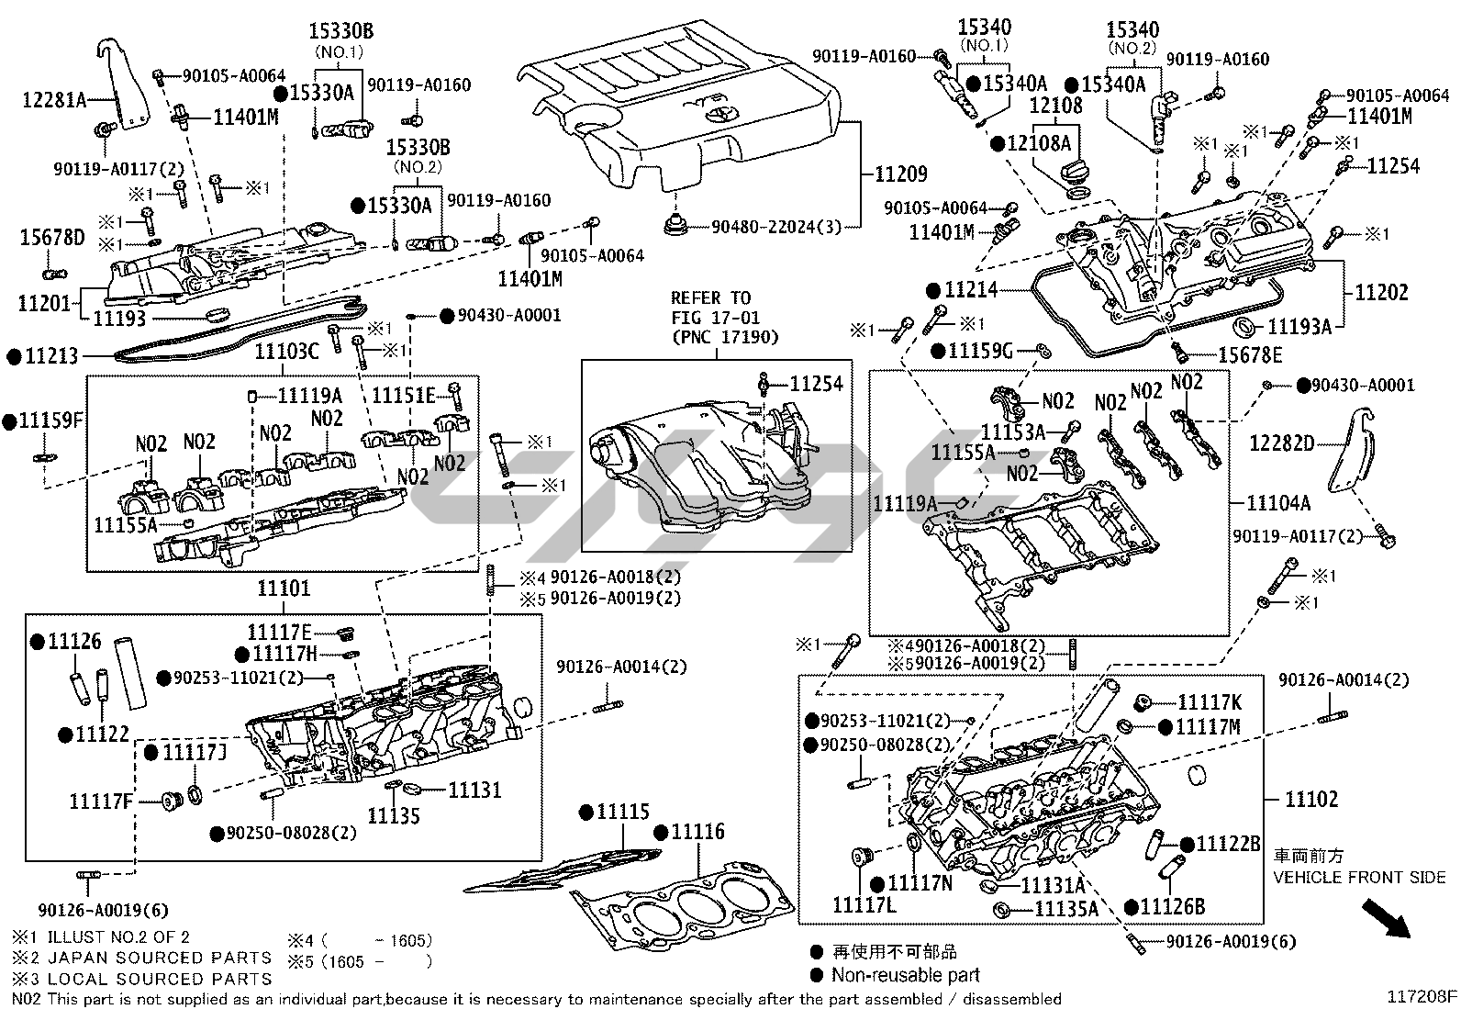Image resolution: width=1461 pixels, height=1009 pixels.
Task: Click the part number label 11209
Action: coord(900,174)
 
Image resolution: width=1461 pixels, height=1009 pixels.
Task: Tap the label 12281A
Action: coord(54,99)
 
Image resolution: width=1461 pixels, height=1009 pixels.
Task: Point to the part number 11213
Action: coord(51,356)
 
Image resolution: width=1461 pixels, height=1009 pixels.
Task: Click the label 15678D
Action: coord(52,240)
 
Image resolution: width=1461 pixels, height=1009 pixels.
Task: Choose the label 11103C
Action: coord(286,351)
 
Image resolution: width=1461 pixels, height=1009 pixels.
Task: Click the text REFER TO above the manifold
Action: coord(709,298)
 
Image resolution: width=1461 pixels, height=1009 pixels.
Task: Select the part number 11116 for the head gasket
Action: coord(697,833)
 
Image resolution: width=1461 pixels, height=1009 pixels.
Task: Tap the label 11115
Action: coord(622,813)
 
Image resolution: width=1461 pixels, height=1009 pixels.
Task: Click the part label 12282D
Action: coord(1282,444)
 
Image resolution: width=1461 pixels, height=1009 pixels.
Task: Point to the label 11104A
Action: coord(1277,503)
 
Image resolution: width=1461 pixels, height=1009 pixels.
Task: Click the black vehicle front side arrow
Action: coord(1386,919)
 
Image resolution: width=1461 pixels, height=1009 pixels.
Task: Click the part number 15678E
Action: coord(1249,355)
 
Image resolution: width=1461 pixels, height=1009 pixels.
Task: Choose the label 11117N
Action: coord(920,883)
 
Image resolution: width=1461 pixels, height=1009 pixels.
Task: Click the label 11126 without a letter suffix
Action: coord(74,642)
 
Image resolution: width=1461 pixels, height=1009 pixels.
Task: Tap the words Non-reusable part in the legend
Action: coord(905,975)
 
